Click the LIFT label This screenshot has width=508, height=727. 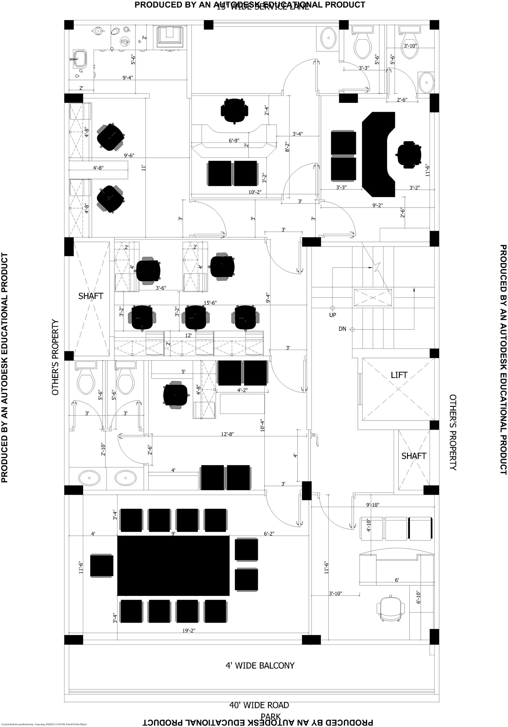point(399,375)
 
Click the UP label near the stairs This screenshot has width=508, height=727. point(332,315)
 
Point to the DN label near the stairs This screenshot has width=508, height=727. point(342,329)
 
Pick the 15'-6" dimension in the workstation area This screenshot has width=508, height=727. point(210,303)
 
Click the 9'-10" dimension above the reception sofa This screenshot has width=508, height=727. point(372,505)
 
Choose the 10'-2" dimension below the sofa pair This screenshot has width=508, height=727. point(255,192)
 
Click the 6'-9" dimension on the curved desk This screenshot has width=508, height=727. point(234,140)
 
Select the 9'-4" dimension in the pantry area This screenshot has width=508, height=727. point(128,77)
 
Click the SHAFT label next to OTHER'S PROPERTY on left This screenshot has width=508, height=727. point(91,296)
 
